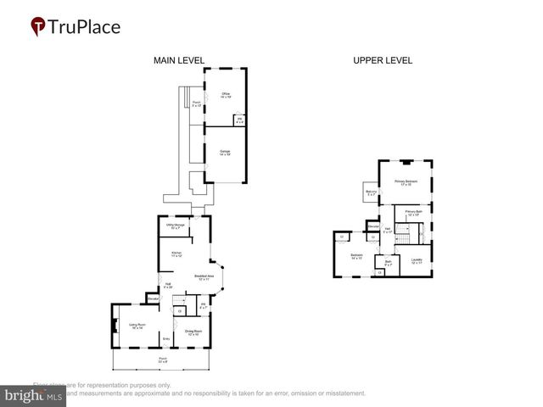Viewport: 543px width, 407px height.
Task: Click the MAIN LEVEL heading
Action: [178, 60]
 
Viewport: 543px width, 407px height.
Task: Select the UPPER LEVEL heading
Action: [383, 60]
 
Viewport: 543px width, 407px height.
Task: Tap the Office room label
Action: [227, 94]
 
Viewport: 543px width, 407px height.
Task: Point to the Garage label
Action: [226, 153]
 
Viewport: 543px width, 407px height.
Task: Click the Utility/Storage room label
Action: [176, 226]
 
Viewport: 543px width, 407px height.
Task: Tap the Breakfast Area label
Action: [204, 276]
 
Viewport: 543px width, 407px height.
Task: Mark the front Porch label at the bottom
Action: [162, 360]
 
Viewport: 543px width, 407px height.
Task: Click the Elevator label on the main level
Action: [154, 299]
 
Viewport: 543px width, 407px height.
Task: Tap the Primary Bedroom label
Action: [406, 182]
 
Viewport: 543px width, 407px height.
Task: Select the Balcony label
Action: [371, 193]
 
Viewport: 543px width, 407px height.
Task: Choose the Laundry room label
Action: [417, 260]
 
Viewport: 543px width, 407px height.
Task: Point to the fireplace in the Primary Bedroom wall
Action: [406, 161]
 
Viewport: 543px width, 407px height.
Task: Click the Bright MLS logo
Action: [33, 396]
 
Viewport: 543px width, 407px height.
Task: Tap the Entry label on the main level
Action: [167, 338]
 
